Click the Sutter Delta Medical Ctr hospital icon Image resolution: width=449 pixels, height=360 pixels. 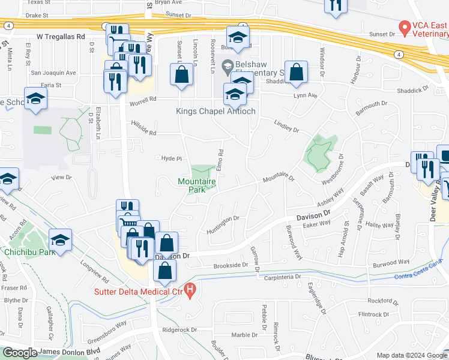pos(190,292)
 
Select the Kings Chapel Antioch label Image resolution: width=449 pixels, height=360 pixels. pos(215,111)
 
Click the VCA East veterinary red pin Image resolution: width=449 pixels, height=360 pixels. pos(405,28)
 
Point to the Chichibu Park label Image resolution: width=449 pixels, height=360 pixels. pos(30,252)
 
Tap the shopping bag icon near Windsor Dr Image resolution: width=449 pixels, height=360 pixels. pos(297,72)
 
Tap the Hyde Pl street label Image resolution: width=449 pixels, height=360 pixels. pos(171,158)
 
